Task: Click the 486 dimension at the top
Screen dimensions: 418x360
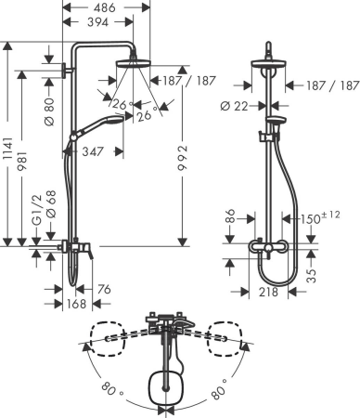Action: click(x=105, y=7)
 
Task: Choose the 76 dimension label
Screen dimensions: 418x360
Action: click(x=103, y=290)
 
